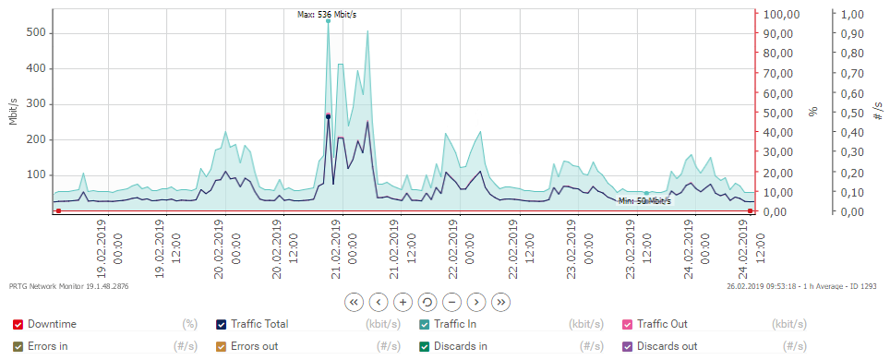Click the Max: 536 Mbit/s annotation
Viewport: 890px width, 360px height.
pos(327,14)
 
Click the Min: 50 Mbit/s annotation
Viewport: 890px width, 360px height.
pos(644,200)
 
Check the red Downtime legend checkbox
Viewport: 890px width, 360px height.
pos(18,324)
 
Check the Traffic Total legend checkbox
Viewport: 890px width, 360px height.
pos(221,324)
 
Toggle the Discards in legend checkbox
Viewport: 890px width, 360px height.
pos(424,346)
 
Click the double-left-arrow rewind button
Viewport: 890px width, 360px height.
pos(353,301)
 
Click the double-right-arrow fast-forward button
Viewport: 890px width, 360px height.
pos(500,301)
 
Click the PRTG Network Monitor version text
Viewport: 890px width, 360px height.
pos(69,286)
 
